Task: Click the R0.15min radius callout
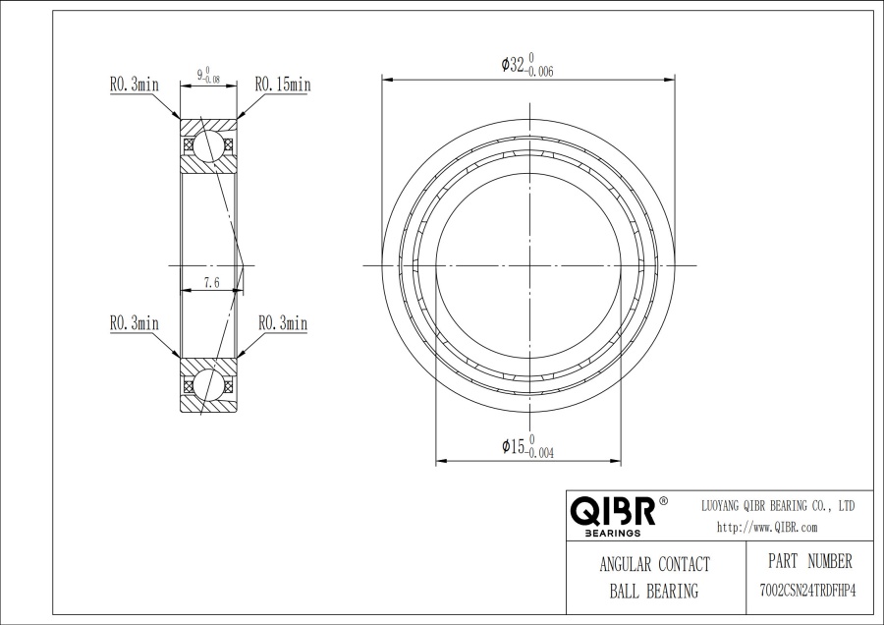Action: (x=283, y=85)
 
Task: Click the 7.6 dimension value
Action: (x=212, y=283)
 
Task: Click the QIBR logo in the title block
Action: (x=613, y=511)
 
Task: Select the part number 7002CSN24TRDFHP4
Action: (x=808, y=592)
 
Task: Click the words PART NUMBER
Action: (x=810, y=561)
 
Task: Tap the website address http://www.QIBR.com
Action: (x=767, y=528)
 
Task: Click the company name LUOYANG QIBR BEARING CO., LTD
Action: (x=778, y=506)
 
